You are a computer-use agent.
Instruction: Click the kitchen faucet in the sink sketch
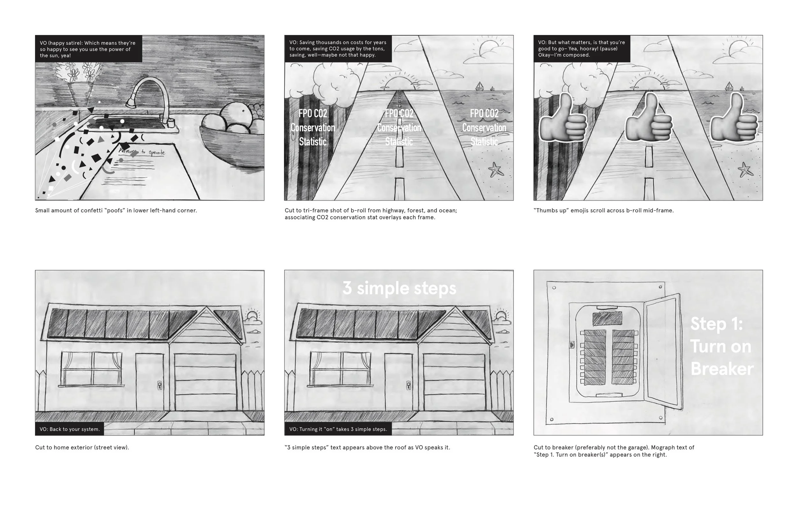click(x=147, y=94)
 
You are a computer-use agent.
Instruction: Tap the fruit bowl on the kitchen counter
click(x=231, y=141)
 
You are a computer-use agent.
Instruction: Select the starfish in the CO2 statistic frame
click(x=496, y=170)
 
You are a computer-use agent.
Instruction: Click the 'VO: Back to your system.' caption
click(x=70, y=429)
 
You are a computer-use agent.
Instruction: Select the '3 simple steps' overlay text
click(x=399, y=288)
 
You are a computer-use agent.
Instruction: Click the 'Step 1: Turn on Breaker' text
click(x=721, y=346)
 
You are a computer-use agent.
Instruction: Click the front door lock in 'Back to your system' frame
click(x=160, y=385)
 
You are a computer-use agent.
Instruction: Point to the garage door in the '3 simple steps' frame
click(x=454, y=382)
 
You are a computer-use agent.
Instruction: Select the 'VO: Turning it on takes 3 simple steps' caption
click(x=338, y=429)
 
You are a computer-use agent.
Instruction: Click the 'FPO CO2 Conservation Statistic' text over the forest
click(x=312, y=128)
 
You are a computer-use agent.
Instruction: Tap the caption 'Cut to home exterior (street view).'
click(x=82, y=447)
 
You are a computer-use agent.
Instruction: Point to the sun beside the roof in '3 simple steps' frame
click(x=500, y=316)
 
